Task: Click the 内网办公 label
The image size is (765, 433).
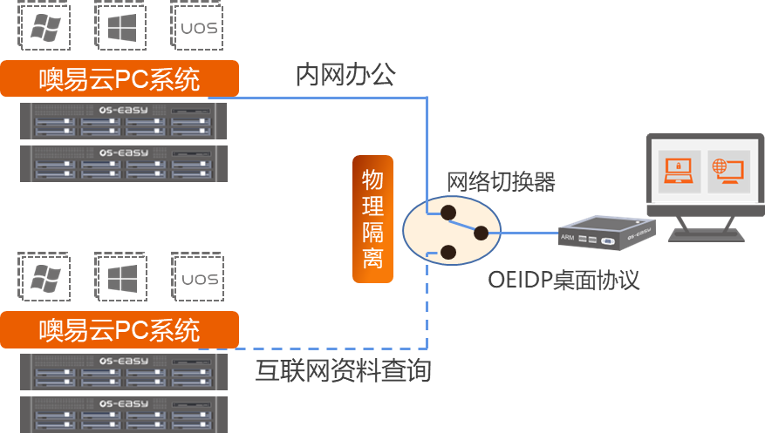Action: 345,75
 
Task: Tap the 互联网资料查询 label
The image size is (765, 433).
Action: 343,370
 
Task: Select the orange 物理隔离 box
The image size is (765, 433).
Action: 372,219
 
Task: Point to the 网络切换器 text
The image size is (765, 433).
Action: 500,182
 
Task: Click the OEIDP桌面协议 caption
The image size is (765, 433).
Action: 564,280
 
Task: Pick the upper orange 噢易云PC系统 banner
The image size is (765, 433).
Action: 120,80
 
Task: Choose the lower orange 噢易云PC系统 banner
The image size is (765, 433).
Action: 120,330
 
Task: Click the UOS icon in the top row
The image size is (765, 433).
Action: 197,29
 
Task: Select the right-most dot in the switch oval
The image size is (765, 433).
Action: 481,232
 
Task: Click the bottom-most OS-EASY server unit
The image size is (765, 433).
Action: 124,415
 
